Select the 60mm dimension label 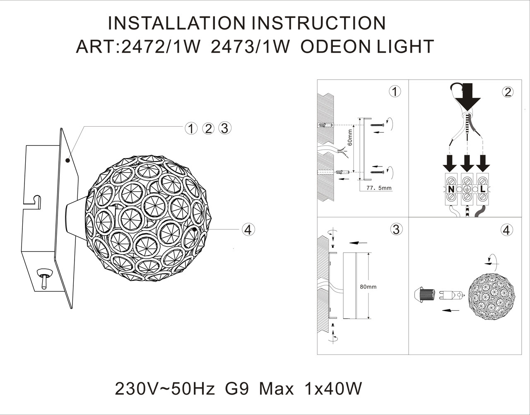tap(350, 137)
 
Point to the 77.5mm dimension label tap(379, 188)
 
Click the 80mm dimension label tap(368, 287)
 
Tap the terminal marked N tap(451, 189)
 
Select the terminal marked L tap(482, 189)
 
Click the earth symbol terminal tap(467, 189)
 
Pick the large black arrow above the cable tap(467, 96)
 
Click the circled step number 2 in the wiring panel tap(508, 92)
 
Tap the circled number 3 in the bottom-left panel tap(396, 229)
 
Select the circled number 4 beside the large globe tap(248, 229)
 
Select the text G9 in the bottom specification tap(237, 389)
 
